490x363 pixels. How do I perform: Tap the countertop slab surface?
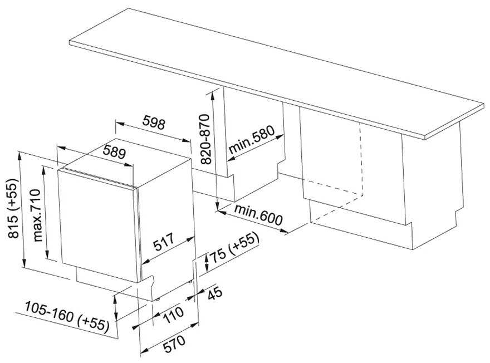278,67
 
